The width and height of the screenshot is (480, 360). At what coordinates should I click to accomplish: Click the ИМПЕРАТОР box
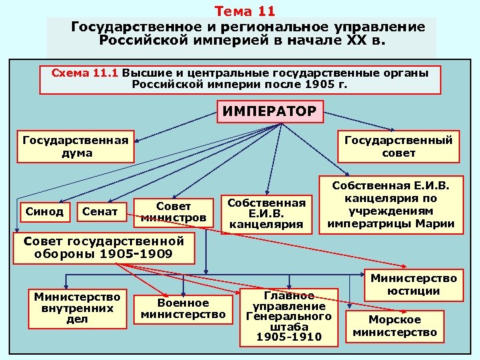click(x=270, y=111)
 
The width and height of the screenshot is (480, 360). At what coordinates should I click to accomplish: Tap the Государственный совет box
click(x=399, y=147)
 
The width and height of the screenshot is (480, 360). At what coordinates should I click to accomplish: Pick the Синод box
click(x=45, y=212)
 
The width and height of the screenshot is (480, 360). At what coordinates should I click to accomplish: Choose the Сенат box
click(x=100, y=212)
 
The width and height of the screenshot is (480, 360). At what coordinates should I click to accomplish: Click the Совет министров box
click(x=173, y=212)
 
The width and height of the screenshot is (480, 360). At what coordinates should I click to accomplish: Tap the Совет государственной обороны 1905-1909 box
click(x=103, y=247)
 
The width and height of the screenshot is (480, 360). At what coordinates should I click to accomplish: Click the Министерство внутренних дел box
click(x=77, y=307)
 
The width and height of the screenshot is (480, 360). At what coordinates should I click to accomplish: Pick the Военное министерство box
click(x=184, y=308)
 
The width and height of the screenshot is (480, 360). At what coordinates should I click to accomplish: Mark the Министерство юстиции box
click(x=415, y=284)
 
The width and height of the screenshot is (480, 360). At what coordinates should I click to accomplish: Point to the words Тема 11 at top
click(x=245, y=11)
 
